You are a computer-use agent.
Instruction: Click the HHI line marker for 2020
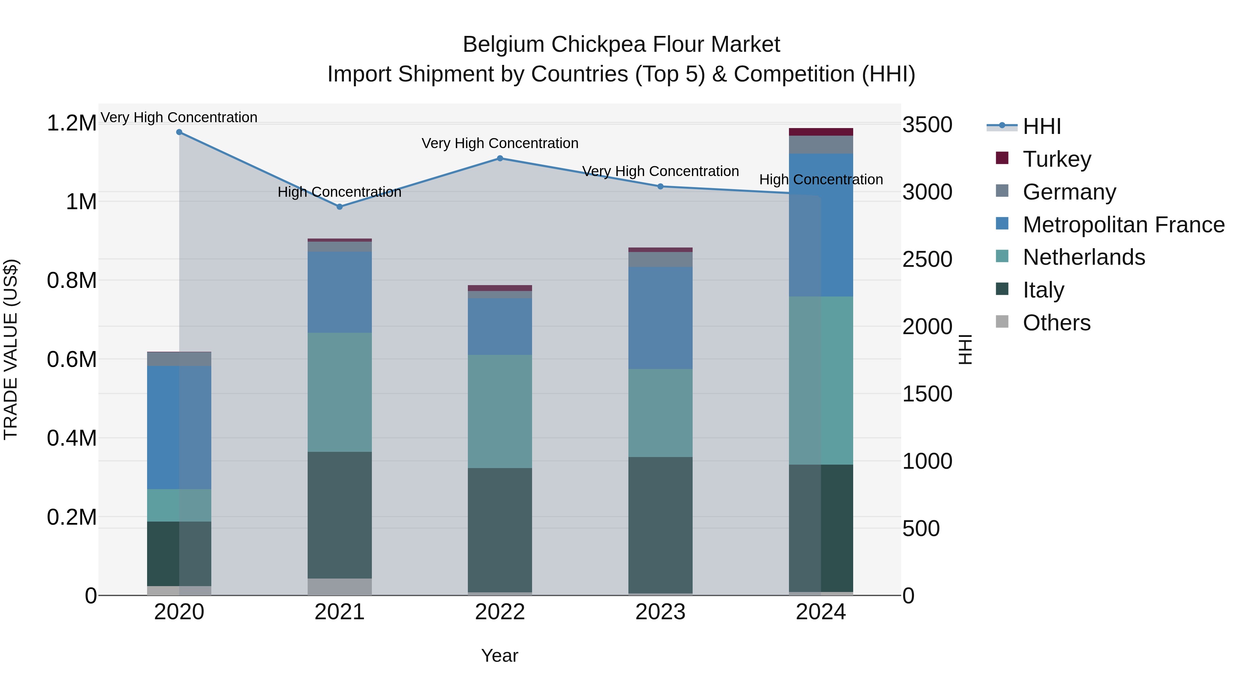[179, 132]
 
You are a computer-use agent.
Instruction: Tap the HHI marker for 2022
[500, 158]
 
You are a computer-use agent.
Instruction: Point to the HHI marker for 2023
[661, 186]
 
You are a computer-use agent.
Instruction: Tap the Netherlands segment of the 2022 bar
[500, 411]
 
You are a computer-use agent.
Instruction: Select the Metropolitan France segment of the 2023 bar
[661, 318]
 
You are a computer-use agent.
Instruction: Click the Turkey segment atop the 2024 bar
[821, 132]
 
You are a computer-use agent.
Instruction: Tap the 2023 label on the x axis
[661, 612]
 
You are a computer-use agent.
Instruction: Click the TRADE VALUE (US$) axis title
[11, 349]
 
